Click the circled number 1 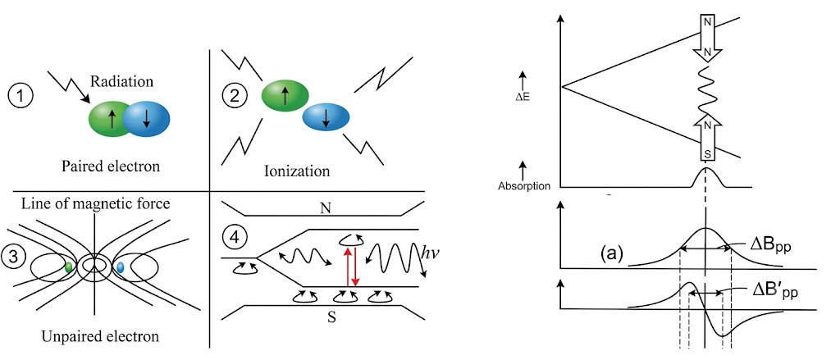pos(21,97)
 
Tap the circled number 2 pos(234,97)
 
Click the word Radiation pos(121,81)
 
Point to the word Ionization pos(296,172)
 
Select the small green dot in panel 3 pos(68,267)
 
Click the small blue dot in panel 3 pos(121,267)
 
